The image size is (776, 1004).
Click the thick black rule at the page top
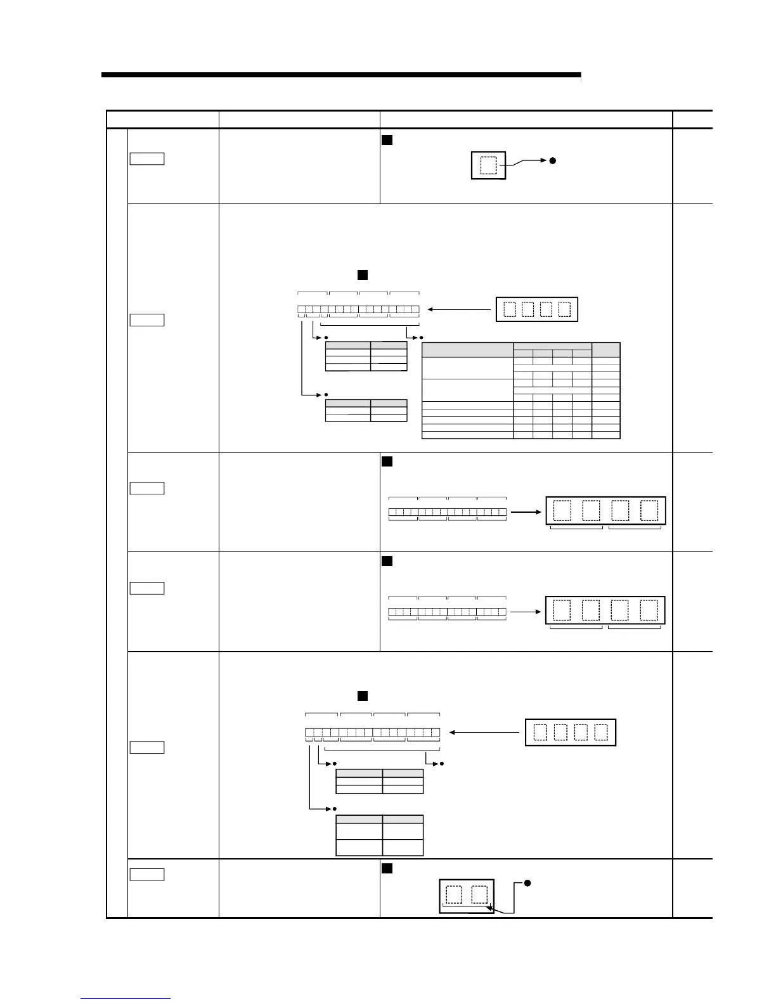341,75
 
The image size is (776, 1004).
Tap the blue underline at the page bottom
126,999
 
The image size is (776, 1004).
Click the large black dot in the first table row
552,161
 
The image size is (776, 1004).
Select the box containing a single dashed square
488,165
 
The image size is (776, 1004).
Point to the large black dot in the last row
527,884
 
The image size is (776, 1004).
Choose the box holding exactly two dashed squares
467,895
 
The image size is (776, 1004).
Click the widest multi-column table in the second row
521,390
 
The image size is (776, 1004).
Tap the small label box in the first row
146,158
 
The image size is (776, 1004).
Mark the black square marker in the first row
387,139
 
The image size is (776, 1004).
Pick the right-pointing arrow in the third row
526,511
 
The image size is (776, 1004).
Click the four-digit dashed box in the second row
536,309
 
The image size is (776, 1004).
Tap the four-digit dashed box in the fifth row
571,732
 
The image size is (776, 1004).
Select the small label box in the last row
146,875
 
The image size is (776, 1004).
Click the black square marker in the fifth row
363,696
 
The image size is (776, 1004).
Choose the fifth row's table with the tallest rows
379,835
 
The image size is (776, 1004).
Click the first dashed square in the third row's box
562,511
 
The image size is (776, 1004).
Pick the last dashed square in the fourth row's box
649,610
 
